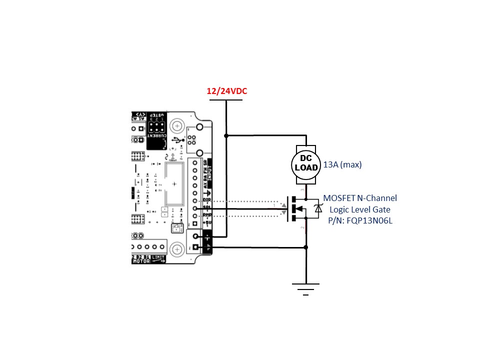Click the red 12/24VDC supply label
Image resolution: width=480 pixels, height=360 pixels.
[x=227, y=91]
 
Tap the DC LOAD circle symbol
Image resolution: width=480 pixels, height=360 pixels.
[x=305, y=164]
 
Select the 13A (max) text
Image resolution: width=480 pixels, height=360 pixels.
[x=342, y=164]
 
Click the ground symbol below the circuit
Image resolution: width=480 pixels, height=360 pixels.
[x=305, y=288]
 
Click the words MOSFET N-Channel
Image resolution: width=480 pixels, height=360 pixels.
[x=360, y=198]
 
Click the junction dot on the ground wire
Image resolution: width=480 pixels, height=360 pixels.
[x=305, y=247]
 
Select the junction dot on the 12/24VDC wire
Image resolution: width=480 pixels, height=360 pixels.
[x=226, y=135]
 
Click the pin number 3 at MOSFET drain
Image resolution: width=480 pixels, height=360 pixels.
[x=301, y=190]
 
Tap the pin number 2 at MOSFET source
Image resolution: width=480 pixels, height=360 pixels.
[x=301, y=228]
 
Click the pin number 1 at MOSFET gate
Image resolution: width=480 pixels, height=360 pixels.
[x=274, y=205]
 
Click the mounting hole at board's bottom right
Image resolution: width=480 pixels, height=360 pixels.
[x=176, y=249]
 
